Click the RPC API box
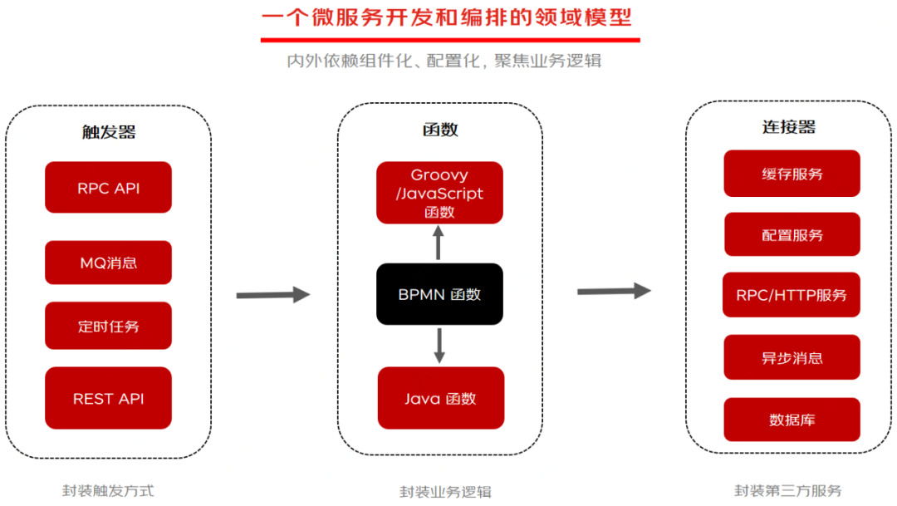tap(108, 188)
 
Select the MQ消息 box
tap(108, 263)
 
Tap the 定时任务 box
tap(108, 326)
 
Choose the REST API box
tap(108, 398)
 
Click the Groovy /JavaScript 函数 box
tap(439, 193)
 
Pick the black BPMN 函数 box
tap(439, 294)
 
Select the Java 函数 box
tap(440, 398)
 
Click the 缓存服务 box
tap(792, 174)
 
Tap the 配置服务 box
tap(792, 235)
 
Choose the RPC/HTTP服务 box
tap(792, 295)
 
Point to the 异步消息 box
tap(792, 357)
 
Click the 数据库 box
tap(792, 420)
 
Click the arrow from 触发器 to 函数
tap(272, 294)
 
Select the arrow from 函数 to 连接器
tap(614, 291)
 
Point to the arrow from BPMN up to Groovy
tap(439, 243)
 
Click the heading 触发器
tap(108, 132)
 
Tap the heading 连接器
tap(788, 127)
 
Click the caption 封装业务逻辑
tap(439, 491)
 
